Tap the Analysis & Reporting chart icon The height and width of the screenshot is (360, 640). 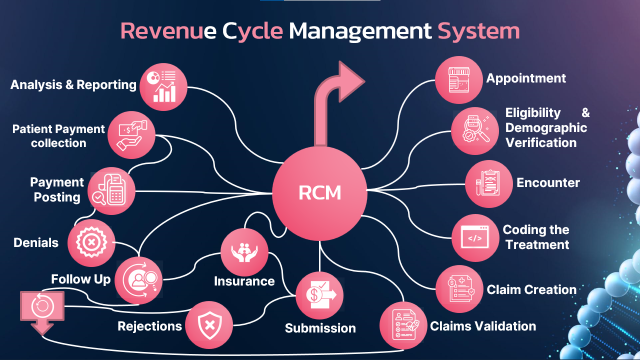(x=163, y=86)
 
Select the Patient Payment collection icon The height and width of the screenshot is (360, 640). (x=131, y=135)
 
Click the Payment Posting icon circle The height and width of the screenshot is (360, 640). (x=111, y=191)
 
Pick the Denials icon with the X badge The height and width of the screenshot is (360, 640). (x=91, y=243)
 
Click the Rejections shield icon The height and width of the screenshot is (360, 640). (x=209, y=325)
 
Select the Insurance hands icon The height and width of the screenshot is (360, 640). (x=244, y=252)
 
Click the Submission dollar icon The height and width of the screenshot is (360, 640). (x=319, y=295)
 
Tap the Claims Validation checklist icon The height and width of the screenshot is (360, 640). (x=403, y=325)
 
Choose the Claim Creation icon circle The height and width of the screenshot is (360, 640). (x=458, y=289)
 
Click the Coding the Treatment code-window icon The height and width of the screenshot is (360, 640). (x=475, y=238)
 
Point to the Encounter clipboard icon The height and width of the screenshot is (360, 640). (x=488, y=183)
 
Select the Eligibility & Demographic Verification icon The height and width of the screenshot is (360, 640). (x=475, y=131)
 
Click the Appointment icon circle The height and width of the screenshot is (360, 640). (x=458, y=80)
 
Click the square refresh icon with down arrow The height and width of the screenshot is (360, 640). (x=42, y=309)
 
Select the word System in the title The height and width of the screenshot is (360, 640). (x=478, y=31)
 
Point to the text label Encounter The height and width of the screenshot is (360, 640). (x=548, y=182)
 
